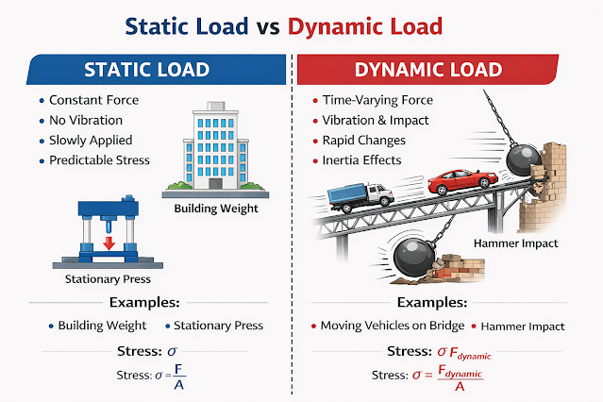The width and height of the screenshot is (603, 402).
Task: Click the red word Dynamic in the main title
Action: pyautogui.click(x=335, y=27)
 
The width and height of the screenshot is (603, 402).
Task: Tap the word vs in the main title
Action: pyautogui.click(x=268, y=27)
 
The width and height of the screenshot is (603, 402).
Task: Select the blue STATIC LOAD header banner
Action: pyautogui.click(x=156, y=70)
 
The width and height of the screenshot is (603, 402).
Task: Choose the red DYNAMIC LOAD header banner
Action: pyautogui.click(x=427, y=70)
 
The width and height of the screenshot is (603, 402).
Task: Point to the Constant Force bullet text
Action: pyautogui.click(x=93, y=100)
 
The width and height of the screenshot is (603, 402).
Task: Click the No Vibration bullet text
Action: pyautogui.click(x=86, y=121)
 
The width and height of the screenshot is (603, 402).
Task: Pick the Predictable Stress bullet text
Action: pyautogui.click(x=99, y=160)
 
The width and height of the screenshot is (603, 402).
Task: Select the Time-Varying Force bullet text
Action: pyautogui.click(x=377, y=100)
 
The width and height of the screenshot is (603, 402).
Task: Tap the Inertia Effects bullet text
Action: pyautogui.click(x=361, y=160)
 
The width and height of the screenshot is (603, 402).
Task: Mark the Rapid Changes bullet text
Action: pyautogui.click(x=364, y=141)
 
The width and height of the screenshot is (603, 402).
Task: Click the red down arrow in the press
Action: pyautogui.click(x=109, y=243)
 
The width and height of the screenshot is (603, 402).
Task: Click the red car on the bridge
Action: pyautogui.click(x=462, y=181)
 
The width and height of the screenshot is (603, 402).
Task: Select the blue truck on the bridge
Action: pyautogui.click(x=360, y=197)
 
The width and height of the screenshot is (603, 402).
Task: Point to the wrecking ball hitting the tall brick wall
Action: pyautogui.click(x=524, y=159)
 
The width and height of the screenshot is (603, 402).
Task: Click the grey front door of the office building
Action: pyautogui.click(x=216, y=183)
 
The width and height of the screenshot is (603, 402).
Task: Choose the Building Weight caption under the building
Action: pyautogui.click(x=216, y=209)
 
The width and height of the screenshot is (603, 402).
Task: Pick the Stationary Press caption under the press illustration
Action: pyautogui.click(x=108, y=279)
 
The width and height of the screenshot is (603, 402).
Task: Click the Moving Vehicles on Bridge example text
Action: pyautogui.click(x=393, y=326)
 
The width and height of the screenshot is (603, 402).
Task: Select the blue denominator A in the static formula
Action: pyautogui.click(x=178, y=385)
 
